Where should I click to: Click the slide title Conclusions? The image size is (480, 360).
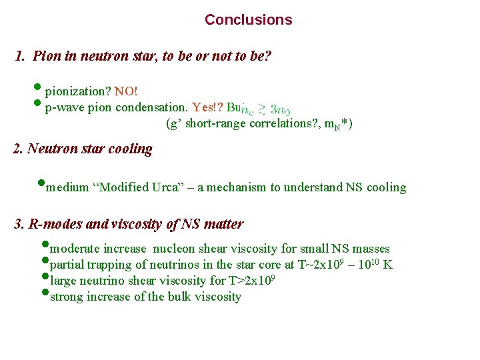click(248, 20)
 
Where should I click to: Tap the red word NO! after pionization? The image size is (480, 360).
click(126, 90)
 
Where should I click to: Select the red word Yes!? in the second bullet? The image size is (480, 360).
click(207, 107)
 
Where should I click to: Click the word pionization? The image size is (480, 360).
click(78, 90)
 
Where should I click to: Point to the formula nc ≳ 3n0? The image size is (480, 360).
click(265, 108)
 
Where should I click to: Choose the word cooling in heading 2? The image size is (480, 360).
click(131, 149)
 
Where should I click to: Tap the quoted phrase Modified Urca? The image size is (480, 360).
click(141, 187)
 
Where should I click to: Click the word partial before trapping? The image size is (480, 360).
click(67, 265)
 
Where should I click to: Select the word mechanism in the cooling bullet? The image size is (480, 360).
click(235, 187)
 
